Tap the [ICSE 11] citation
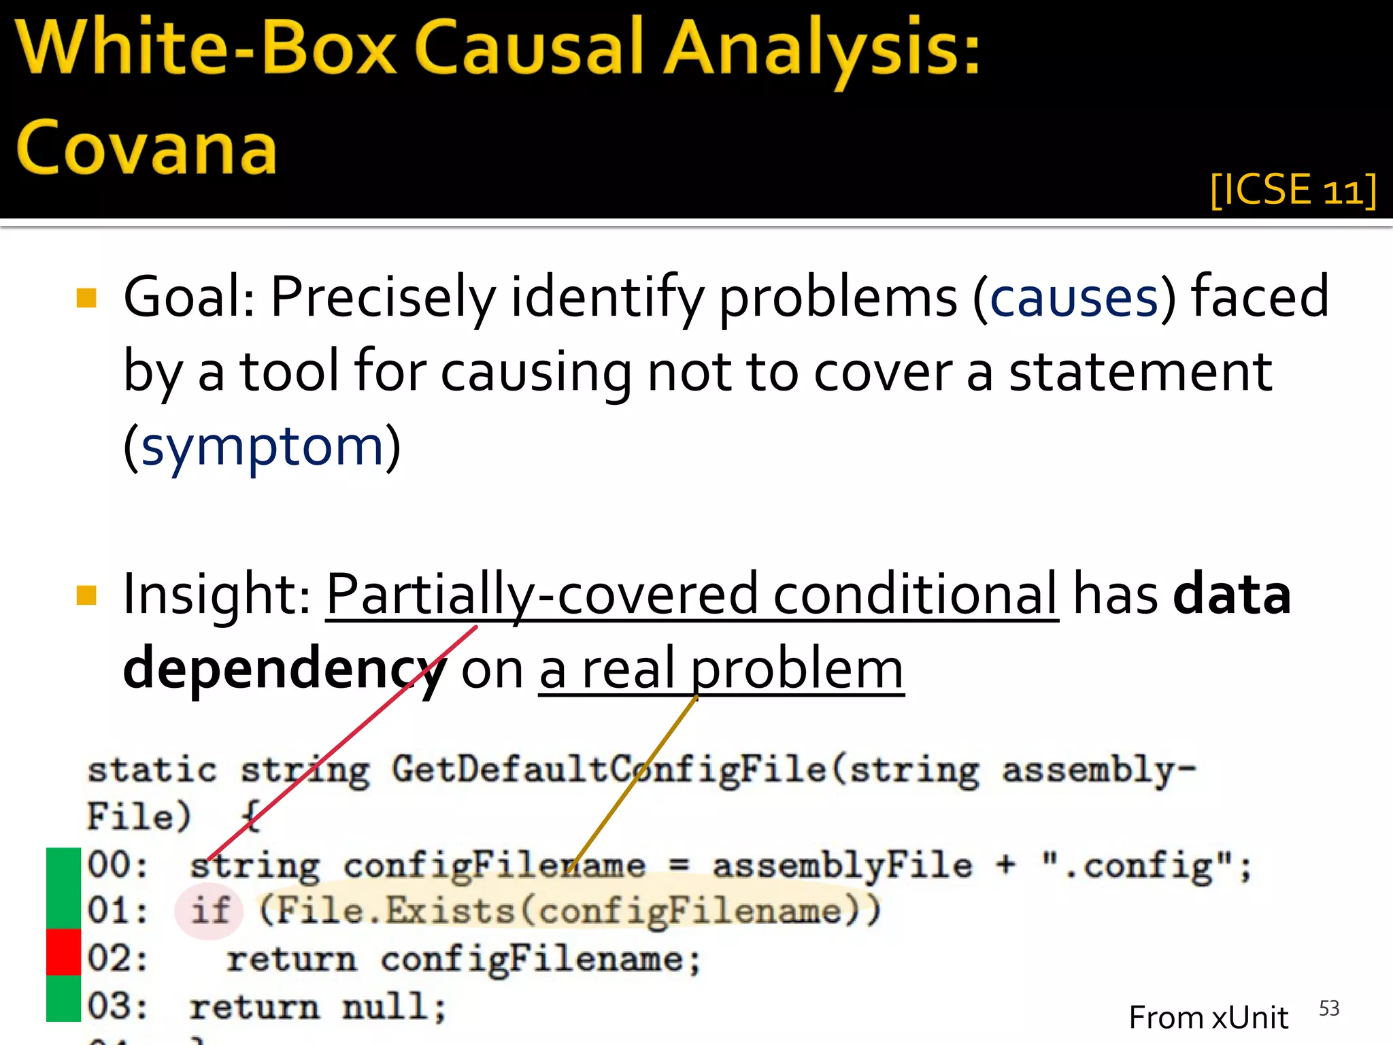[1293, 190]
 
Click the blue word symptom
[263, 447]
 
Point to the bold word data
[1232, 594]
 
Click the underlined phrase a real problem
[721, 670]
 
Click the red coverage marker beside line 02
[63, 951]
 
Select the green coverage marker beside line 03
[63, 998]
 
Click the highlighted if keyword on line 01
[209, 910]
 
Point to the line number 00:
[117, 866]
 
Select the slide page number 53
[1328, 1008]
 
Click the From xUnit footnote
[1208, 1018]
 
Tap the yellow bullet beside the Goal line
[87, 298]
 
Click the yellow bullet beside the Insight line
[87, 595]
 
